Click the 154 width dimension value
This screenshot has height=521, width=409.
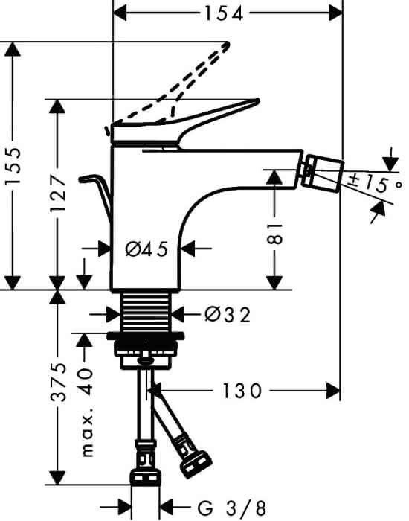pos(224,14)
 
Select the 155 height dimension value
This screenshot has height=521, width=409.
pos(13,166)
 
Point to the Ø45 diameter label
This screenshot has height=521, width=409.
pos(146,249)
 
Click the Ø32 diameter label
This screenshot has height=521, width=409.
pos(228,314)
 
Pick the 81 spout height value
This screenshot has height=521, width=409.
pos(274,234)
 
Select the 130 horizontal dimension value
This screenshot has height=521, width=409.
pos(242,391)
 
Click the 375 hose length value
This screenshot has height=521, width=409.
pos(58,383)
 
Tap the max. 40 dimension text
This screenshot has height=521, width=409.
pos(87,412)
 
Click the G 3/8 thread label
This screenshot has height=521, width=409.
pos(232,508)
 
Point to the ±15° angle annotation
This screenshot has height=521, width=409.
pos(376,184)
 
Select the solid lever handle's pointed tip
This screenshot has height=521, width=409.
pos(257,100)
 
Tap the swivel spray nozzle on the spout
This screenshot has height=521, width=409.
pos(322,173)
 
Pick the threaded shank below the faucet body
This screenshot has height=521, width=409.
pos(146,313)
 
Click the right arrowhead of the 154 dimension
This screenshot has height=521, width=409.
pos(335,14)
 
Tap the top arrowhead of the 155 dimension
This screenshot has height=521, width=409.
pos(13,49)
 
